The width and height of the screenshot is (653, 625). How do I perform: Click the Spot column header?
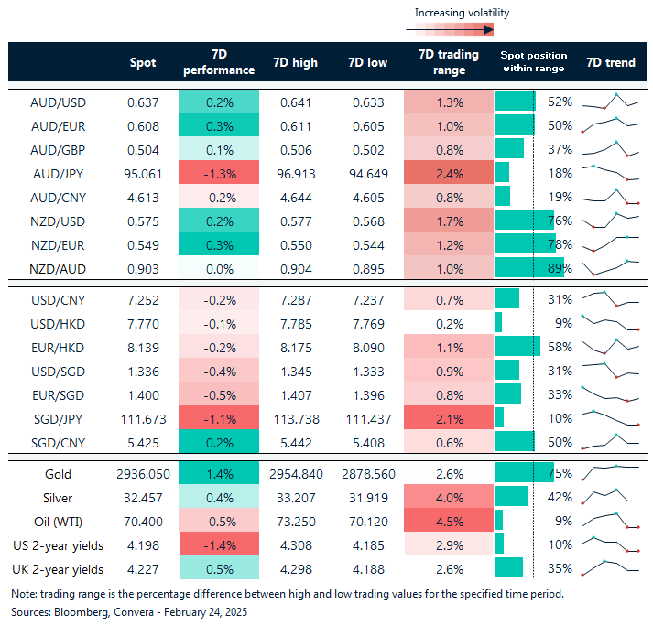(x=144, y=63)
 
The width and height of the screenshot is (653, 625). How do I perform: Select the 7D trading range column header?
(x=448, y=63)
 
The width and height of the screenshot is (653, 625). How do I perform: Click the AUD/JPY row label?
(x=58, y=172)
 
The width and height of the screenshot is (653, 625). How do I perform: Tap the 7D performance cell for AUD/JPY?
(x=219, y=172)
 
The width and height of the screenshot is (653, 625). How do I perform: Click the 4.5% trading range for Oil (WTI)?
(x=449, y=522)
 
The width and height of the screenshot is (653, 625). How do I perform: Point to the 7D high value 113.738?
(x=296, y=417)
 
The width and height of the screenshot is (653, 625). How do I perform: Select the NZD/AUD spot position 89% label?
(x=560, y=267)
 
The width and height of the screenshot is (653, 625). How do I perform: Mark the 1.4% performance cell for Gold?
(x=219, y=474)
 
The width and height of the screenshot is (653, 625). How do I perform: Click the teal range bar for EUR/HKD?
(x=517, y=346)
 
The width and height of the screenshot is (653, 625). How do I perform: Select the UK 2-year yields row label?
(x=58, y=569)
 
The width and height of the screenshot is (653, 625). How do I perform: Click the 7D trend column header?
(x=610, y=63)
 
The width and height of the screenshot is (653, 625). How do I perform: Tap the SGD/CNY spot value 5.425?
(x=144, y=441)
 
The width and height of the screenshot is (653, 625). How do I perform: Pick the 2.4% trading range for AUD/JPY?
(x=449, y=172)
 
